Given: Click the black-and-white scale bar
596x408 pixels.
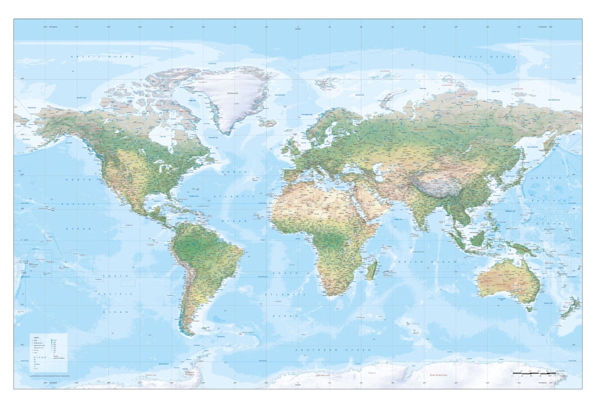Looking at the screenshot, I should click(538, 371).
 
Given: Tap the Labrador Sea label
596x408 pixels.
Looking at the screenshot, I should click(212, 137).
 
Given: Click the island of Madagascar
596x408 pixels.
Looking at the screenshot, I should click(371, 270).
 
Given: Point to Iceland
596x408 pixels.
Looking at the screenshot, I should click(268, 123).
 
